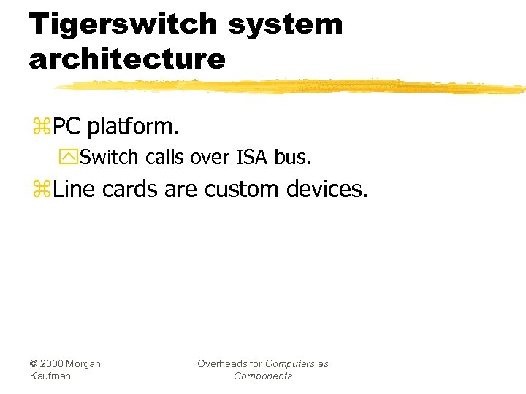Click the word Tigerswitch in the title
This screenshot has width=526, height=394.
point(123,25)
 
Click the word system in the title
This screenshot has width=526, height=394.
point(285,25)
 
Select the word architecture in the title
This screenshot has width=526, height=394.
point(127,58)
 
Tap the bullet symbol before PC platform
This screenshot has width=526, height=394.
point(41,127)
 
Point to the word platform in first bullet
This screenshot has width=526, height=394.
point(132,127)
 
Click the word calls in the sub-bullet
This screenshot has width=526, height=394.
point(166,157)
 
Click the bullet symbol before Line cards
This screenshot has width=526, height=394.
point(41,190)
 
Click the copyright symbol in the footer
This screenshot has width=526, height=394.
point(34,363)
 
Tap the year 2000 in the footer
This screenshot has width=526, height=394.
point(53,363)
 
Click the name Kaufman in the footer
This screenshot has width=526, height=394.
point(51,376)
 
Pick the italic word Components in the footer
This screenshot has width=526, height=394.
point(263,376)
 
